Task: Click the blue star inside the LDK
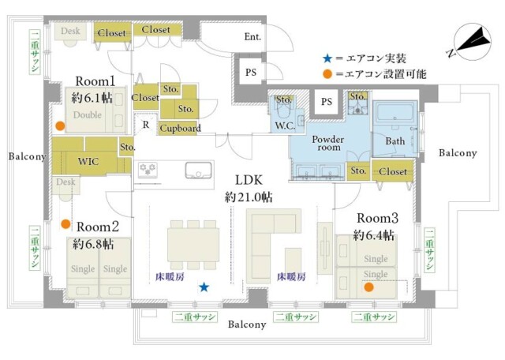pos(204,287)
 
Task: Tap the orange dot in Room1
pos(59,126)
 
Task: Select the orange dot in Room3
pos(368,287)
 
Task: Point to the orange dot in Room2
pos(66,223)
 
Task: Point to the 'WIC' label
pos(88,160)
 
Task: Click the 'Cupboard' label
pos(180,128)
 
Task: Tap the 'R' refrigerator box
pos(145,124)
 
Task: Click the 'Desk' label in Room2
pos(65,182)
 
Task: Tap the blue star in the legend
pos(327,57)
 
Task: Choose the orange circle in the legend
pos(327,73)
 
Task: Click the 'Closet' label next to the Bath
pos(392,171)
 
